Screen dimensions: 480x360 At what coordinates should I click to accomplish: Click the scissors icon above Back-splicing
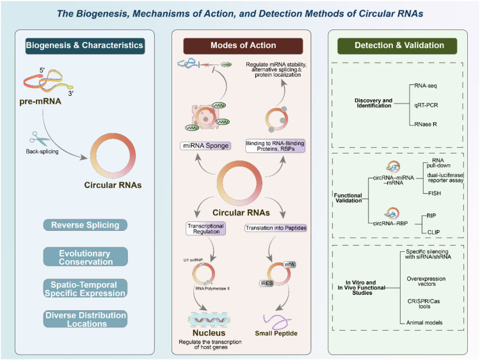coord(39,139)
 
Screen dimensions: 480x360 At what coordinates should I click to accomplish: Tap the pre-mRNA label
coord(40,102)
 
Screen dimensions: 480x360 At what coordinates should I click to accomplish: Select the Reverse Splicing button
coord(85,225)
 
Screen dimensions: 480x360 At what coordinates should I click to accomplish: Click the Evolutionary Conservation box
coord(85,256)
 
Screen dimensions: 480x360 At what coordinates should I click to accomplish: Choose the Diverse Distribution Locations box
coord(85,319)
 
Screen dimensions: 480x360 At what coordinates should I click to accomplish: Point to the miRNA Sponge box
coord(205,146)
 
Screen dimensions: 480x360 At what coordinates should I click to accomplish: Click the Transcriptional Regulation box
coord(205,228)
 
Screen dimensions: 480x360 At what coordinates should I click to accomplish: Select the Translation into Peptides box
coord(276,228)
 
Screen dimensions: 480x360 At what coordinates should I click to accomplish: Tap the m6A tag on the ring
coord(289,265)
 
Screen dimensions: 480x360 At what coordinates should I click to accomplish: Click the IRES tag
coord(266,283)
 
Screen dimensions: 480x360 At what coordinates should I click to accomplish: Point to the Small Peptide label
coord(276,333)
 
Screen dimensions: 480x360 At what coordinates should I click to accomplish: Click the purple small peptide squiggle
coord(276,321)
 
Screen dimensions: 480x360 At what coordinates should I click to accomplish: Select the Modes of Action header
coord(243,45)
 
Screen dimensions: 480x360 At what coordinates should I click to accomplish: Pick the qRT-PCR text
coord(426,106)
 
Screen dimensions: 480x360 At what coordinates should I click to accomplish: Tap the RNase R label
coord(426,124)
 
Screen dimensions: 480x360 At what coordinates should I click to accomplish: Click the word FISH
coord(435,193)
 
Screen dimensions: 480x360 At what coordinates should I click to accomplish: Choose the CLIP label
coord(433,233)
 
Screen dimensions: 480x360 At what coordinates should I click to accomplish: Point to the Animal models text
coord(424,323)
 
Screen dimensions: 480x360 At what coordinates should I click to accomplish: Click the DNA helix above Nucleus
coord(209,320)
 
